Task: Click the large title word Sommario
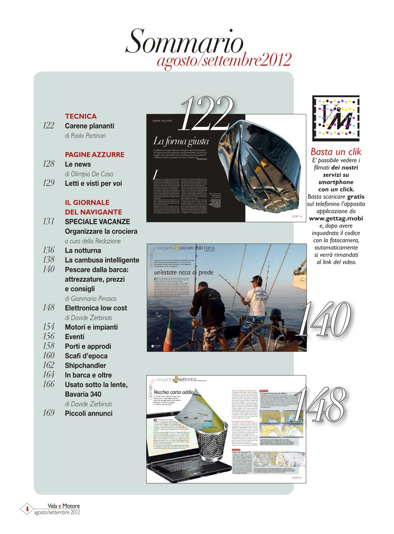(x=184, y=42)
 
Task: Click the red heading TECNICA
(x=81, y=116)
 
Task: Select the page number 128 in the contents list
(x=48, y=164)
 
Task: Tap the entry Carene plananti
(x=89, y=126)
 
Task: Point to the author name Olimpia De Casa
(x=89, y=174)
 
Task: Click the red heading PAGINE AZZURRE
(x=94, y=155)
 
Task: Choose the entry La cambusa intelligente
(x=102, y=260)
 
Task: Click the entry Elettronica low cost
(x=96, y=308)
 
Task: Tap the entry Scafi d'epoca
(x=86, y=356)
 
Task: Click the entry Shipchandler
(x=85, y=366)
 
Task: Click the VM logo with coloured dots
(x=335, y=118)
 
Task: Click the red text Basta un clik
(x=336, y=151)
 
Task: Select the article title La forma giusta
(x=180, y=141)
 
